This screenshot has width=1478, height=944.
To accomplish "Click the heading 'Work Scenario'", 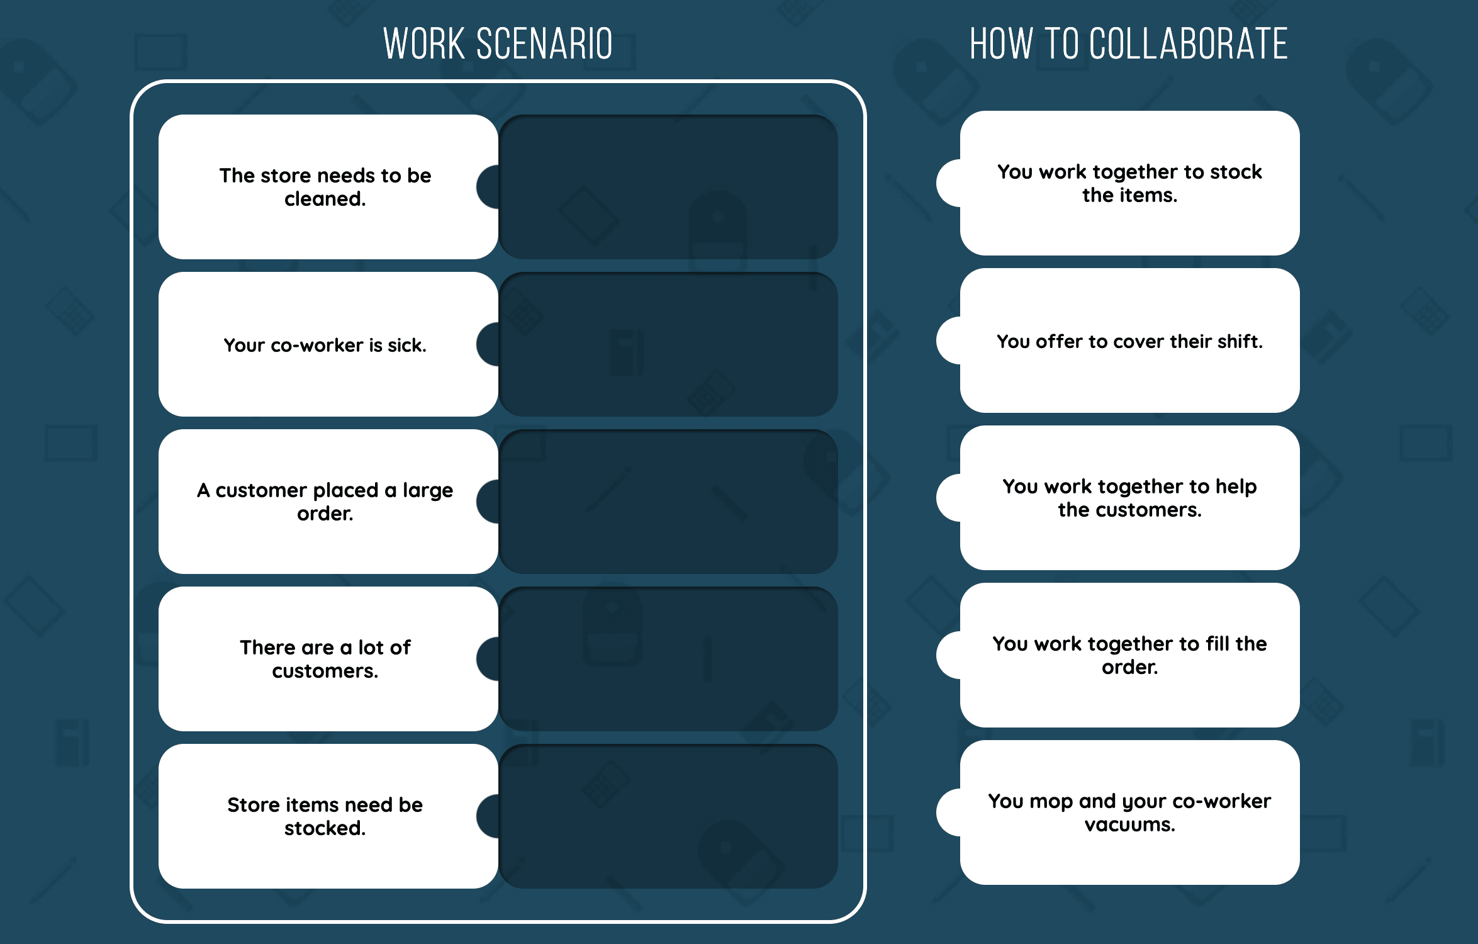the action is [498, 44].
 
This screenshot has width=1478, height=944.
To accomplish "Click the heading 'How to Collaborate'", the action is [1129, 44].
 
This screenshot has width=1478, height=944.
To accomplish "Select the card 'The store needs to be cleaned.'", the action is [325, 187].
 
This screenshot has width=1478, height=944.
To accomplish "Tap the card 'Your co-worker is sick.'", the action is [325, 344].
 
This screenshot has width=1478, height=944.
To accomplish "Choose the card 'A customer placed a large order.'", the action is [325, 502].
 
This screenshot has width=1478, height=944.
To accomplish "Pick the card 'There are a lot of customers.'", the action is [325, 659].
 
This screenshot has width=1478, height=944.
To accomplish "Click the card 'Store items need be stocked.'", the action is [325, 816].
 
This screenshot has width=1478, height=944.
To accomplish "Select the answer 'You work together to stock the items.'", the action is [1129, 183].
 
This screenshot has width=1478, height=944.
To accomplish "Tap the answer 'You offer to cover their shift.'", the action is [1129, 340].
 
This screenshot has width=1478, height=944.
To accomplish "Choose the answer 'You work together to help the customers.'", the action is [1129, 498].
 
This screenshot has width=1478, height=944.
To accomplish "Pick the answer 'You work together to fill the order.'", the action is [1129, 655].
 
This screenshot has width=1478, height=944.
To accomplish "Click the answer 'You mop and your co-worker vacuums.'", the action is [1129, 812].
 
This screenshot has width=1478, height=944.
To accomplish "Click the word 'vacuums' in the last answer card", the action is [1129, 824].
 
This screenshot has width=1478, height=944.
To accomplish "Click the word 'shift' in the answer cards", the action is [1240, 341].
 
